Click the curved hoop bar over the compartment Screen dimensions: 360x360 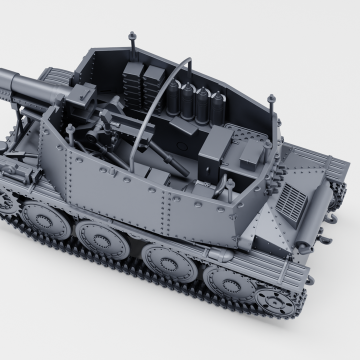point(150,100)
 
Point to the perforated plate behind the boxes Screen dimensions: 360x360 point(250,135)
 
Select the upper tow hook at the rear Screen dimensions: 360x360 point(331,216)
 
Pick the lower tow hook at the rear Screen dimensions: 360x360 point(325,240)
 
